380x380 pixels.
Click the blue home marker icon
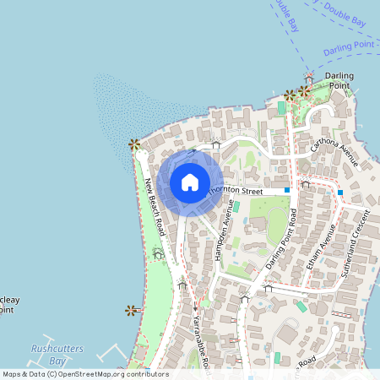point(190,182)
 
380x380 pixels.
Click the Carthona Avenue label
point(334,151)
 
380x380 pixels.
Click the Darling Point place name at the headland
point(339,80)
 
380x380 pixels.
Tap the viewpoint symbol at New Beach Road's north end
point(133,144)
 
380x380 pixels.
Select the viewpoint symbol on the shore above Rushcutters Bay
point(130,310)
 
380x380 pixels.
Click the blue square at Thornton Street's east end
point(287,190)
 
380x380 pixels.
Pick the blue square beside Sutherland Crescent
point(339,193)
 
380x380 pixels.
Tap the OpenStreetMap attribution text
point(84,374)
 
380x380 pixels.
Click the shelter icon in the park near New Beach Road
point(158,252)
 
